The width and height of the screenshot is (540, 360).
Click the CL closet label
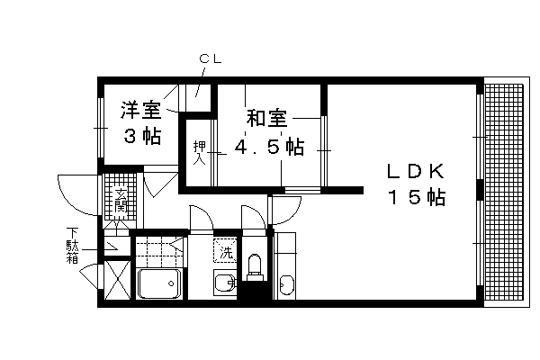coord(210,58)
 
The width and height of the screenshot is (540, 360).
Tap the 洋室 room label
coord(141,110)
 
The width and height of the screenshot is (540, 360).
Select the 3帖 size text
coord(142,136)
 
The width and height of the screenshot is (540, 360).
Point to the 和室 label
coord(267,118)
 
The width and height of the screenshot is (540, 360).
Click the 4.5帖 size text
coord(269,147)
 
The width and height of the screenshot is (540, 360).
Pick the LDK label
coord(416,171)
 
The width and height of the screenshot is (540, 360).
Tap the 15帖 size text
coord(417,197)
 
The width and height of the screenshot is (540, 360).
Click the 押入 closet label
coord(199,153)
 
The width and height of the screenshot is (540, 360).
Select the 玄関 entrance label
coord(121,201)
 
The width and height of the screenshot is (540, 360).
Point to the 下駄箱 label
coord(72,245)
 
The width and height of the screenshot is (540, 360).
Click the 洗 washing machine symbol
coord(226,250)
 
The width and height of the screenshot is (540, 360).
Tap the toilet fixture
coord(255,267)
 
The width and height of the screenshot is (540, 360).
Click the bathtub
coord(159,283)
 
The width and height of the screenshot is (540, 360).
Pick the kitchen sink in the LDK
coord(287,284)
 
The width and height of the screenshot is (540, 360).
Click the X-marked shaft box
coord(117,280)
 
